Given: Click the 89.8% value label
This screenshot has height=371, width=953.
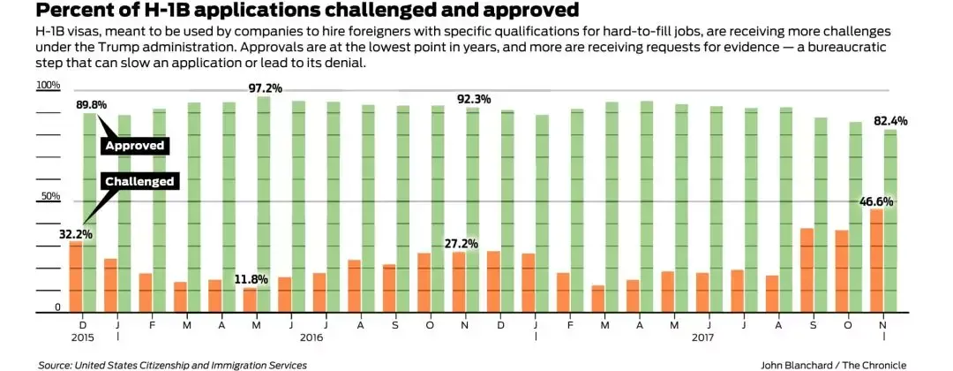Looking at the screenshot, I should point(91,104).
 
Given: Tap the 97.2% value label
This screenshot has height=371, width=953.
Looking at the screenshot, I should point(265,87).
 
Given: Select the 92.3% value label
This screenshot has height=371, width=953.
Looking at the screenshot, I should point(473,99).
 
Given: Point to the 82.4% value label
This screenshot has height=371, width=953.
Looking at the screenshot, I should point(890,121).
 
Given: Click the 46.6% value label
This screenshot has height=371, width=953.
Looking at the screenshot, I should point(876,201).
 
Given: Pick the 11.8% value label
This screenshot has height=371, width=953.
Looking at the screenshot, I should point(251,280).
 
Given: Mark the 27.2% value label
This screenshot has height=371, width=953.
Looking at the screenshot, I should point(461,244).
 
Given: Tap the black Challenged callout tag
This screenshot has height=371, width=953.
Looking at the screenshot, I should point(139,181).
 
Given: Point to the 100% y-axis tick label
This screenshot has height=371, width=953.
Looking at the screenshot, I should point(48,86).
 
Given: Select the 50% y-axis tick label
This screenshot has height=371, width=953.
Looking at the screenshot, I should point(49,196).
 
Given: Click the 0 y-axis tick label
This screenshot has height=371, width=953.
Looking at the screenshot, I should point(56,307).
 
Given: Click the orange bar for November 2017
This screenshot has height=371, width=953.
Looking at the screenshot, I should point(876,261).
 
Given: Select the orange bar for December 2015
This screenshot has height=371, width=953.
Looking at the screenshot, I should point(76,276).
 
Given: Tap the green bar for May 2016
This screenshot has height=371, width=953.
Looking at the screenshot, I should point(263,204).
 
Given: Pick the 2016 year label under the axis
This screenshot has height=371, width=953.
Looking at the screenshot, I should point(311,337).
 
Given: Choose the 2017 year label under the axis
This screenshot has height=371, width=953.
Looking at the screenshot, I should point(702,337).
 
